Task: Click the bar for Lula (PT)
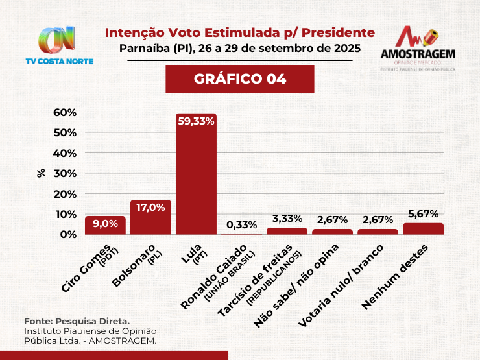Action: (x=196, y=175)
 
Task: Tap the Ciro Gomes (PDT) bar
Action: (x=105, y=226)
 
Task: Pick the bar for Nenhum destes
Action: (x=423, y=228)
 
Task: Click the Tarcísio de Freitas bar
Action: (x=287, y=231)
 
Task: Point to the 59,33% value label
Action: (x=196, y=121)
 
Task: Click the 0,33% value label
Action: (x=241, y=225)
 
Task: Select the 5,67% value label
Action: (x=423, y=213)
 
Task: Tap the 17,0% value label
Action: (x=150, y=208)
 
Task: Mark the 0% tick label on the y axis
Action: (x=67, y=234)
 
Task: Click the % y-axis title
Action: (x=41, y=173)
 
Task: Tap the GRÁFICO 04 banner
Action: (x=240, y=79)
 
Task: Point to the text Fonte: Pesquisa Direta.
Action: (x=77, y=321)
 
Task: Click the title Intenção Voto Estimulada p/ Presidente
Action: (x=240, y=32)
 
